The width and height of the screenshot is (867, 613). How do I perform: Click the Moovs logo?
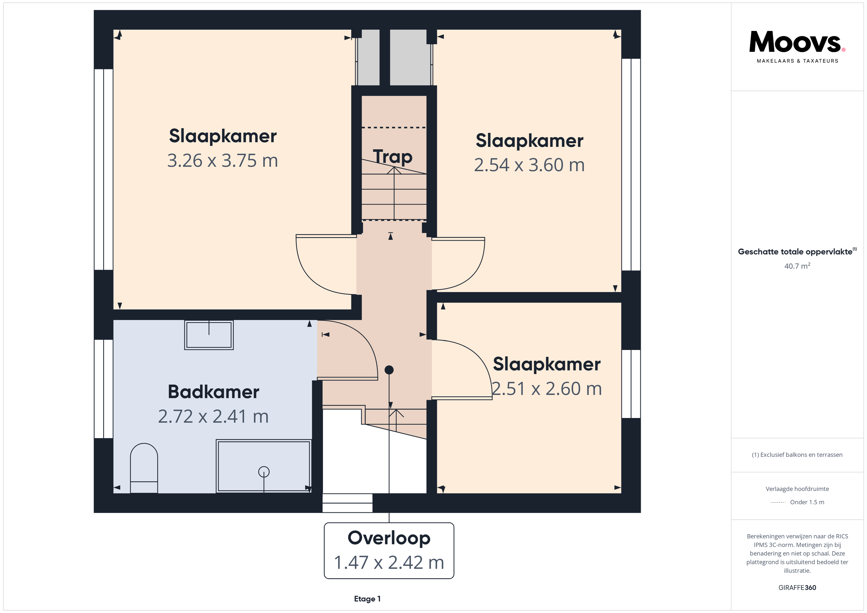(x=797, y=46)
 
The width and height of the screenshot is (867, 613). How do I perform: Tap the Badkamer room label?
(x=213, y=392)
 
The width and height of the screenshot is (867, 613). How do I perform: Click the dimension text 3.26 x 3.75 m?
(x=222, y=160)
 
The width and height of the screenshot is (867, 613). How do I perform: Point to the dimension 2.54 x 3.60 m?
(x=529, y=165)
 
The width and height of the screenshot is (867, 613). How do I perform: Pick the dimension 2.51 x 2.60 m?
(x=546, y=389)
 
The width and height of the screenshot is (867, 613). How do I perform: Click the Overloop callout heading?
(x=389, y=538)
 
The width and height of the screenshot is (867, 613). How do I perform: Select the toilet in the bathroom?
(x=144, y=468)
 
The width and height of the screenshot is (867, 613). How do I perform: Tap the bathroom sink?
(x=209, y=335)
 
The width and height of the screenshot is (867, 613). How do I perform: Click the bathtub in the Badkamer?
(x=264, y=466)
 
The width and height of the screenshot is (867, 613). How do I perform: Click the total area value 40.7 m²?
(x=797, y=266)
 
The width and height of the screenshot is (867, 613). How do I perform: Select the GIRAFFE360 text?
(x=797, y=587)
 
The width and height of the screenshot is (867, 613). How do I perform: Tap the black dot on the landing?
(x=389, y=370)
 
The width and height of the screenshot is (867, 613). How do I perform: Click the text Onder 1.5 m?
(x=807, y=502)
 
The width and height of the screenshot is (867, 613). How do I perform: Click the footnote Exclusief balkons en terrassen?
(x=797, y=454)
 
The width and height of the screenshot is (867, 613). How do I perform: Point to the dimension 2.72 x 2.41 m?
(x=213, y=416)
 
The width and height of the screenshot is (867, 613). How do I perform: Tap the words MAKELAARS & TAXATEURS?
(x=797, y=61)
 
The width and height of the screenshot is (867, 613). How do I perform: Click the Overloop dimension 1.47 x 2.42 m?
(x=389, y=562)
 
